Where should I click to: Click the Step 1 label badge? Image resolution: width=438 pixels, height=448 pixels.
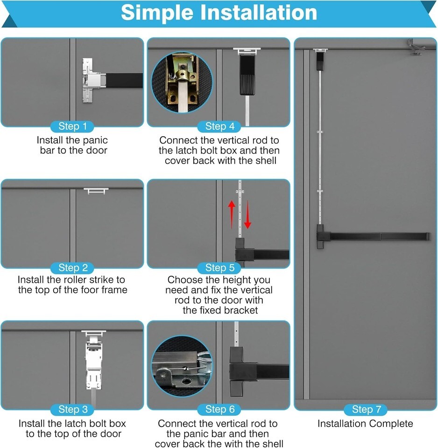(72, 126)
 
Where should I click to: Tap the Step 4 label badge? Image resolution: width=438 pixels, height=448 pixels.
(219, 126)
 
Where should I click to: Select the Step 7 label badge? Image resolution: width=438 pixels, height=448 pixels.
(366, 409)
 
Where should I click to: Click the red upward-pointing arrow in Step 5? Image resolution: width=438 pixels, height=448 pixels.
(232, 215)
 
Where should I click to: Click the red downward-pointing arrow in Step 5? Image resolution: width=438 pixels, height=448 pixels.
(247, 215)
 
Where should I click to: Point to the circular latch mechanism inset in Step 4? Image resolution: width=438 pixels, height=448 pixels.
(182, 82)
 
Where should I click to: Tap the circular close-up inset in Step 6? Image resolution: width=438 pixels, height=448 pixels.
(182, 366)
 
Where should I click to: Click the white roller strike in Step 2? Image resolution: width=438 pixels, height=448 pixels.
(96, 191)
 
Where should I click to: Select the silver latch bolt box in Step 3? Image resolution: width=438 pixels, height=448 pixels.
(93, 361)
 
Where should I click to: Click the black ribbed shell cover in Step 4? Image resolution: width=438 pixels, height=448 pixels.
(247, 75)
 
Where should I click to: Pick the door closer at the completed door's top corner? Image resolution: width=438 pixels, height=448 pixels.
(415, 47)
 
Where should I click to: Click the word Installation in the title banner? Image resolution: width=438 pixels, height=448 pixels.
(258, 13)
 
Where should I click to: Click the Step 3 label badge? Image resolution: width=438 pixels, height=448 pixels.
(73, 409)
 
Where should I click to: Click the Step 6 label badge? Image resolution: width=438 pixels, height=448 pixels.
(219, 409)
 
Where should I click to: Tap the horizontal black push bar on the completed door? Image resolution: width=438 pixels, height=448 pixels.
(374, 237)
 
